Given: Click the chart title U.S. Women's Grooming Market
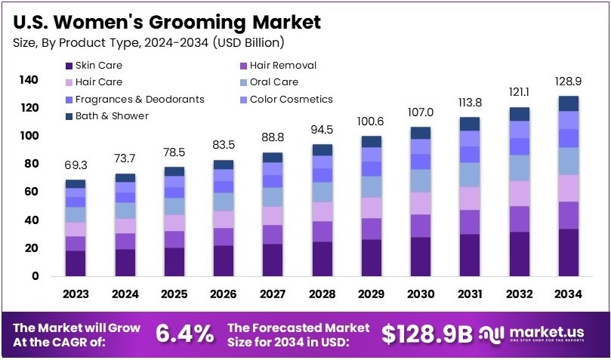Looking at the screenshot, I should coord(166,21).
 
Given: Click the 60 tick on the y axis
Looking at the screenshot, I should coord(29,192).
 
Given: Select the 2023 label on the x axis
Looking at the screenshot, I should coord(76,294).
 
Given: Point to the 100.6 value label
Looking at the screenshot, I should coord(370,121).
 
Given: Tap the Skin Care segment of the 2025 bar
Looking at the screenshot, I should coord(174,261).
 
